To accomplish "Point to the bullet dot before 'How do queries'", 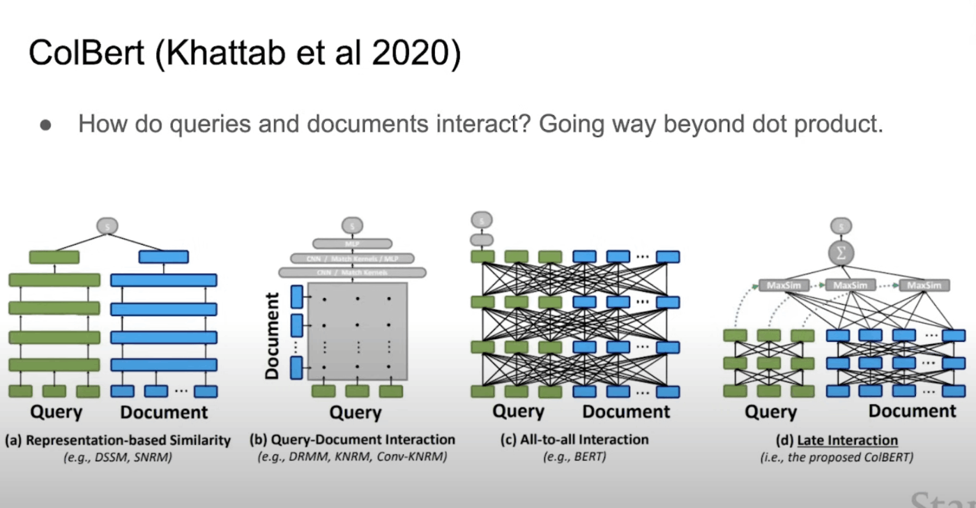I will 46,126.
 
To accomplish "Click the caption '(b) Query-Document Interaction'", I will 352,440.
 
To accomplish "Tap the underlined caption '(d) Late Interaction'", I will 836,440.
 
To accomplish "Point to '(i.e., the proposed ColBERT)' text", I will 837,458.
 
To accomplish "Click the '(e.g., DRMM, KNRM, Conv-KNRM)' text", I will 352,458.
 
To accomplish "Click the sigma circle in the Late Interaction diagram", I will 841,253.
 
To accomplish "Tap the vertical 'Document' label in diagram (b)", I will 272,336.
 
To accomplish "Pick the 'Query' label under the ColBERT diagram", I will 770,412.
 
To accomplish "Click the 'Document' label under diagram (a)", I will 164,412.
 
